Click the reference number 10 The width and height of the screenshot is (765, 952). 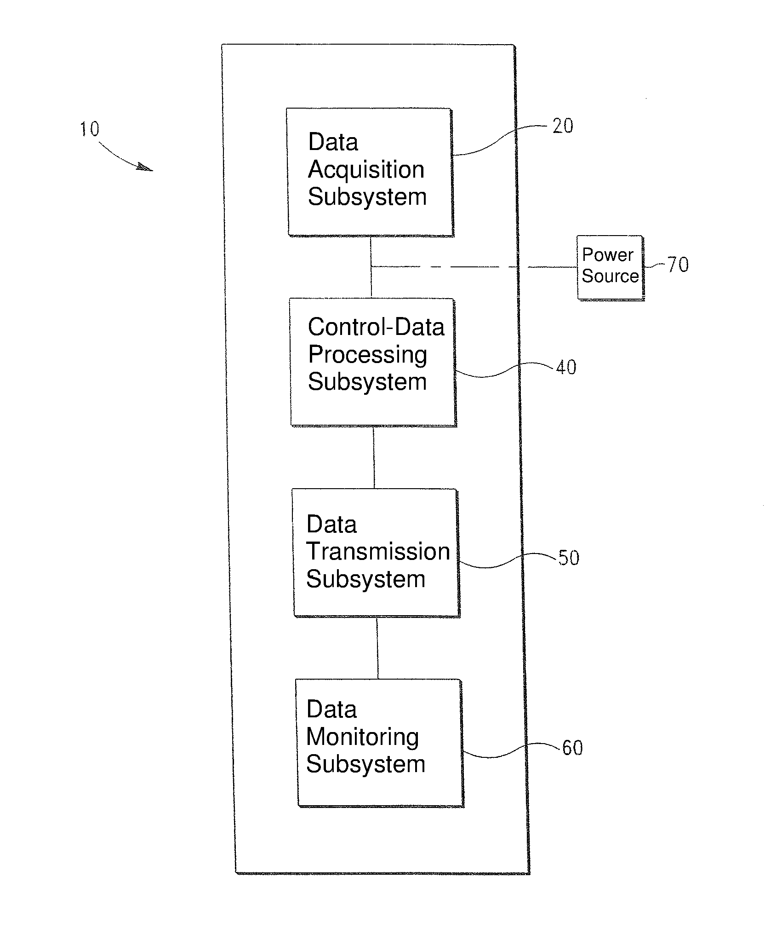click(90, 129)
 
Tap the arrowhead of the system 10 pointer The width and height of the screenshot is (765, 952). click(145, 167)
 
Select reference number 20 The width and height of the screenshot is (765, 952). click(563, 126)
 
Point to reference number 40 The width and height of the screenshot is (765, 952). click(566, 367)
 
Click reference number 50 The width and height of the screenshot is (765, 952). click(569, 558)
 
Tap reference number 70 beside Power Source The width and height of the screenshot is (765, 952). click(678, 265)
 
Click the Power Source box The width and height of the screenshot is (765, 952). click(611, 268)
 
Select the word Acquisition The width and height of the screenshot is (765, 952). click(366, 170)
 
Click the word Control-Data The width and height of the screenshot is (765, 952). click(376, 327)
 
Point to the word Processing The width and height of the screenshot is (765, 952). click(368, 355)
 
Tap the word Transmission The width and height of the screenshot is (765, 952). click(378, 552)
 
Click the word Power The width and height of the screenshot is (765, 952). click(608, 255)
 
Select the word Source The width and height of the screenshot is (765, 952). click(610, 276)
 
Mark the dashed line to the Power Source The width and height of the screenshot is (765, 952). click(474, 267)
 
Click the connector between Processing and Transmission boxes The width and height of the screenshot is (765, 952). click(374, 457)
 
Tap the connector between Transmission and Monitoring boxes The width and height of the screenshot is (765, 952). click(377, 648)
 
